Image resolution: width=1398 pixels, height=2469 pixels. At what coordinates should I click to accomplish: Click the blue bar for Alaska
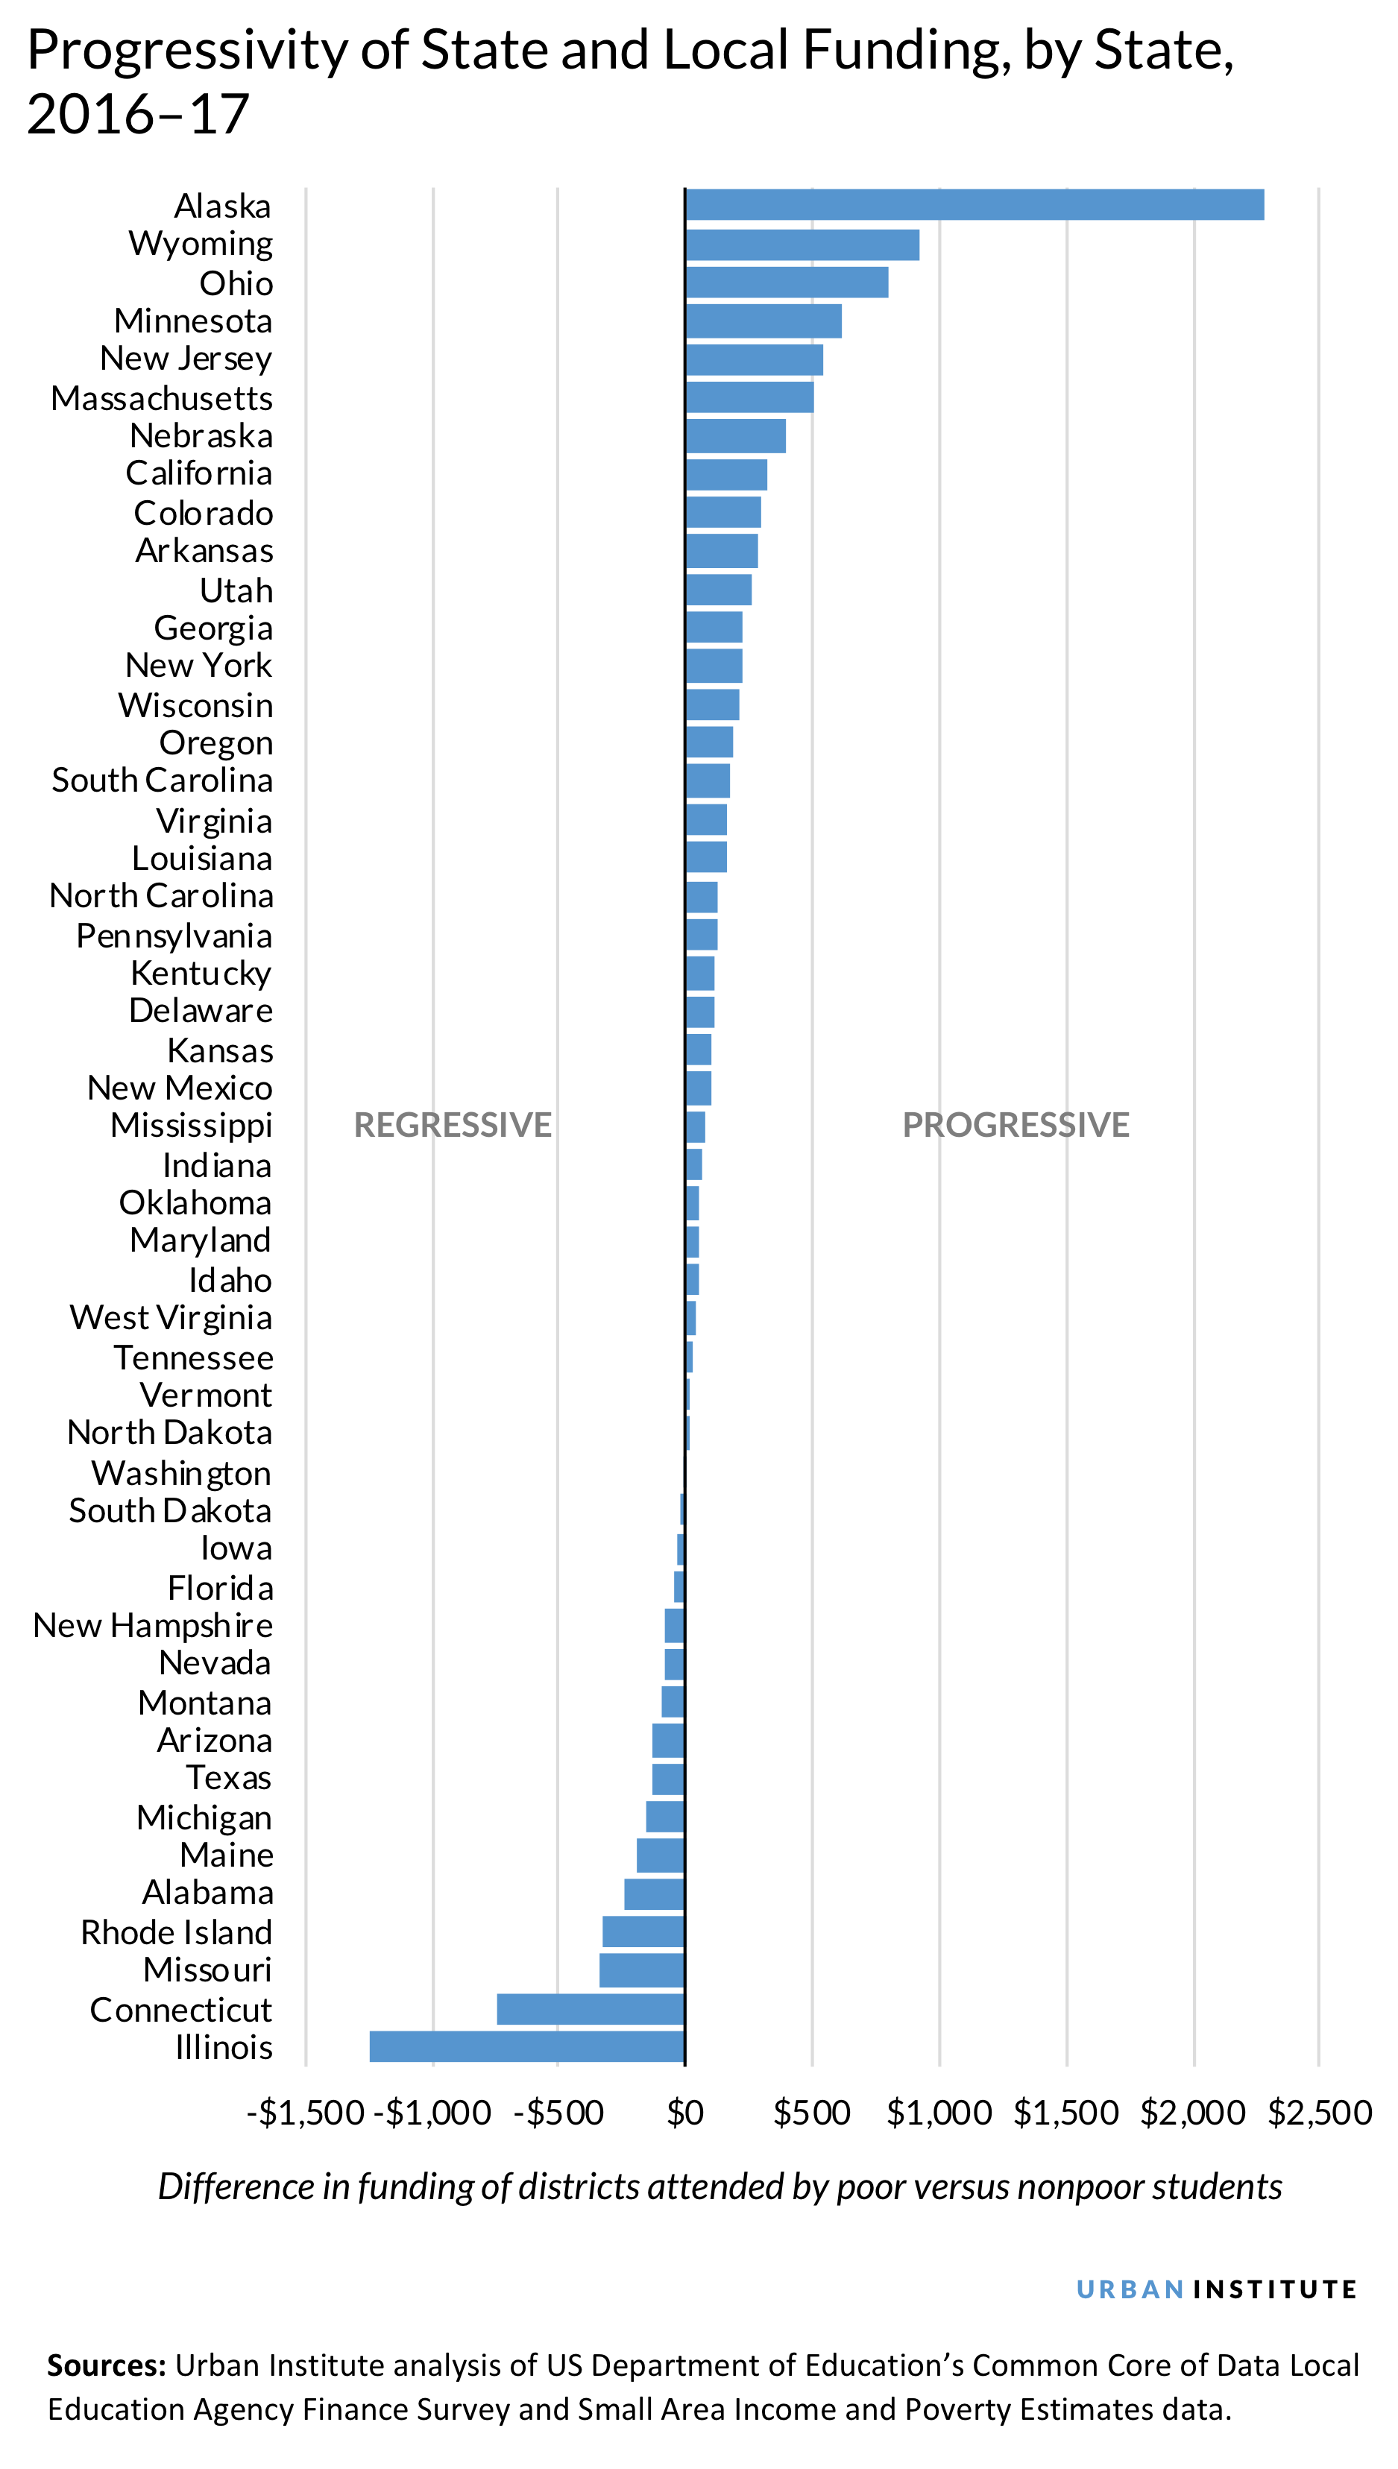[974, 204]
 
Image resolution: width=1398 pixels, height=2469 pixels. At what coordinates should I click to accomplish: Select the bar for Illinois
[526, 2046]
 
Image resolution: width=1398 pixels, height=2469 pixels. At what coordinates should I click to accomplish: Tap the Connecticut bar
[591, 2008]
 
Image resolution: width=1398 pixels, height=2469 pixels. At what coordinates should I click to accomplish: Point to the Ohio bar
[787, 283]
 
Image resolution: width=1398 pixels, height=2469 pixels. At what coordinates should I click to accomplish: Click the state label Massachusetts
[163, 397]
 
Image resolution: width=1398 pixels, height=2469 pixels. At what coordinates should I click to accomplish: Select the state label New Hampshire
[153, 1624]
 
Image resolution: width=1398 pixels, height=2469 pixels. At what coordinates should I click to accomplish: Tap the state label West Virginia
[171, 1317]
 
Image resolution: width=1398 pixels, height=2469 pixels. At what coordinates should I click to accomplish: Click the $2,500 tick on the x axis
[1319, 2112]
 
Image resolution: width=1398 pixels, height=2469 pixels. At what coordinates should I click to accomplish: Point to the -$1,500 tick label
[306, 2112]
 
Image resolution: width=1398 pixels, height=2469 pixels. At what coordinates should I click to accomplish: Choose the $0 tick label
[684, 2112]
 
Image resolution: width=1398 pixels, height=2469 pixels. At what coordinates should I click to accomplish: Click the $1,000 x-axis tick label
[938, 2112]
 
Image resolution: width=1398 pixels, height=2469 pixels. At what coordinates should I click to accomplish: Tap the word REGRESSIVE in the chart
[453, 1124]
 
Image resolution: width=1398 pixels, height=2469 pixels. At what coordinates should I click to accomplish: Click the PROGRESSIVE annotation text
[1015, 1124]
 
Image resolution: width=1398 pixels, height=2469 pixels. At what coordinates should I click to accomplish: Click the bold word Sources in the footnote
[106, 2365]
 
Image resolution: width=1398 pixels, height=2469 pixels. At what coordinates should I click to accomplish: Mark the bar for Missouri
[641, 1970]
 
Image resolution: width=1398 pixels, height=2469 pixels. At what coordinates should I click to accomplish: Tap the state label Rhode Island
[177, 1932]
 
